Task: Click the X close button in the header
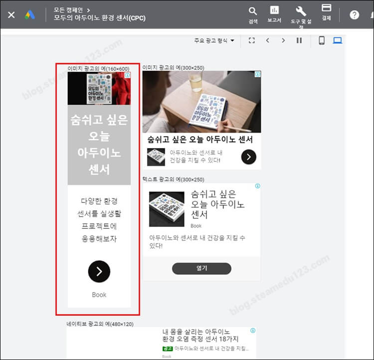click(x=11, y=15)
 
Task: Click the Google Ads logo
click(x=30, y=15)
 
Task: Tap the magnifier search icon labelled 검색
click(x=253, y=11)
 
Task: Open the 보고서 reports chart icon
click(x=274, y=10)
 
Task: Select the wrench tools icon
click(x=301, y=11)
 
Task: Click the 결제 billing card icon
click(x=327, y=8)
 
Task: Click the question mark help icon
click(x=355, y=15)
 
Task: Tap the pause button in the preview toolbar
click(x=299, y=40)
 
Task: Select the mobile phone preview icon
click(x=322, y=40)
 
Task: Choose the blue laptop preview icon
click(x=338, y=40)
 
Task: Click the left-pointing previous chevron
click(x=267, y=40)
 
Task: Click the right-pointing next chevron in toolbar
click(x=283, y=40)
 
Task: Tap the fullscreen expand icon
click(x=251, y=40)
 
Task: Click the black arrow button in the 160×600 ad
click(x=99, y=271)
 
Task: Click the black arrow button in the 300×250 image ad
click(x=249, y=158)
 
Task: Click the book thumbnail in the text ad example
click(x=167, y=208)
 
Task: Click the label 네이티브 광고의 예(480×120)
click(x=100, y=324)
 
